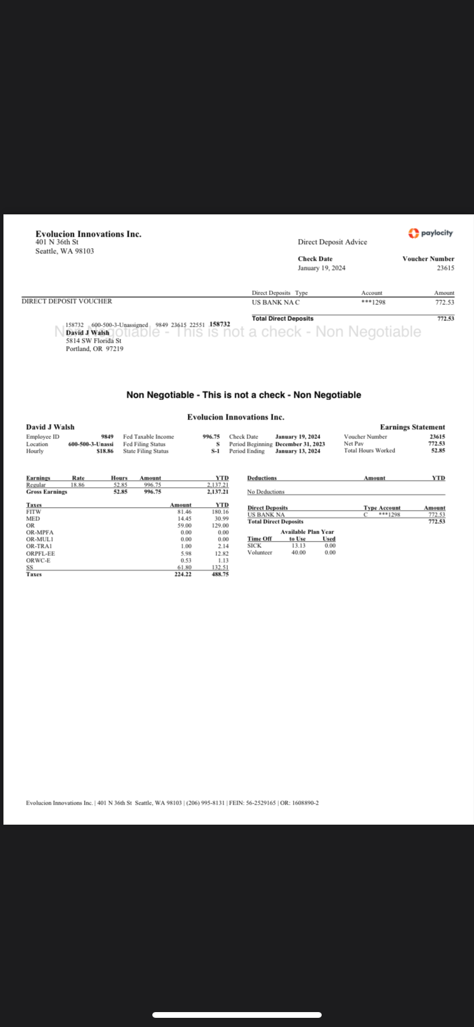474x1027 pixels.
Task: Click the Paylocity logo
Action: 430,233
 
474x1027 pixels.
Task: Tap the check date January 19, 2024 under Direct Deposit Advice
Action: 321,268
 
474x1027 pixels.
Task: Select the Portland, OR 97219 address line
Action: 94,348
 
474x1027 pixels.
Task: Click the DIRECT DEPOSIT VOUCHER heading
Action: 67,301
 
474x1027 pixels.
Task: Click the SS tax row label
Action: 29,567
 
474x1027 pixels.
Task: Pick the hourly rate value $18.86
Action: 105,451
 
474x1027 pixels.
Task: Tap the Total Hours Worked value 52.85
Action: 438,450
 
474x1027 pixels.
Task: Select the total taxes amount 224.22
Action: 183,574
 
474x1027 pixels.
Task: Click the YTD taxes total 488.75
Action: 220,574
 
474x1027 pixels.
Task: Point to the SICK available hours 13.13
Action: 298,546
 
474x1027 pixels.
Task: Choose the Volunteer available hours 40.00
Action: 298,552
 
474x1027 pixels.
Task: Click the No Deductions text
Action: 266,492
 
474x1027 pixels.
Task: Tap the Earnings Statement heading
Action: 412,427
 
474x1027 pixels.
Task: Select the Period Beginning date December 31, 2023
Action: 300,444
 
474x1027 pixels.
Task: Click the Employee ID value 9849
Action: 107,437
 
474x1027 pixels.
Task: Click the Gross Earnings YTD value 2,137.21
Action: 218,492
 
